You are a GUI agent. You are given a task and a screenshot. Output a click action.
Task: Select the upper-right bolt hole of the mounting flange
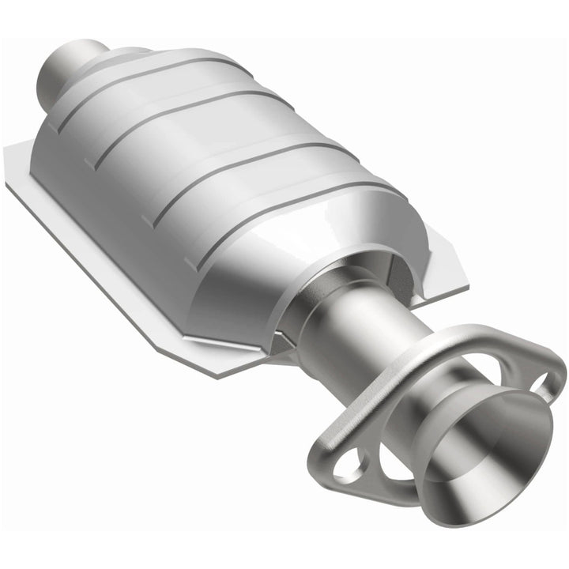(545, 385)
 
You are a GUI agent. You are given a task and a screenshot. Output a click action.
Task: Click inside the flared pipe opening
(498, 443)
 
